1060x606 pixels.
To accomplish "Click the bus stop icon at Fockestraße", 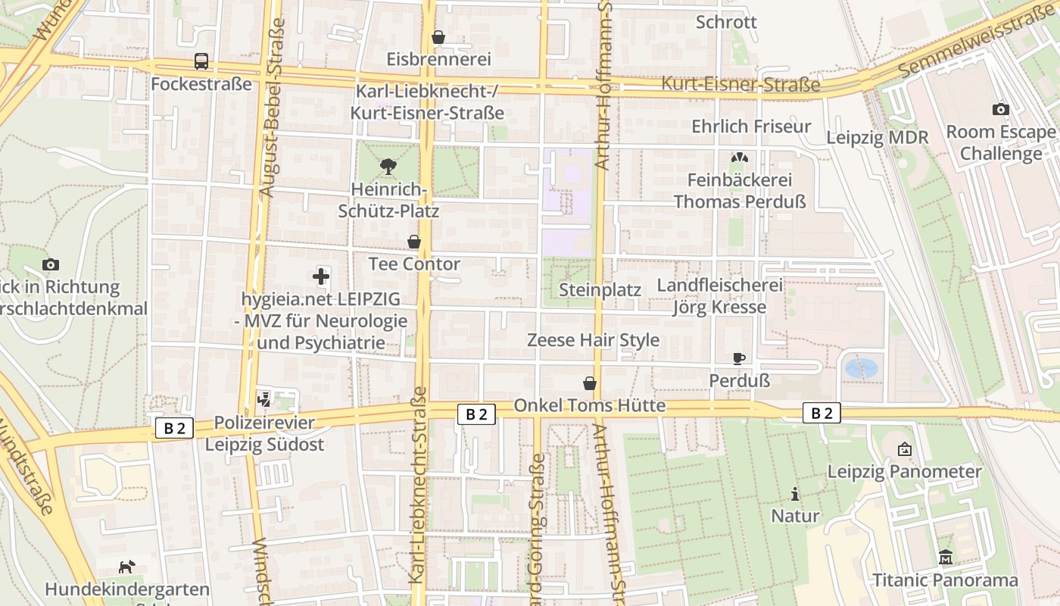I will pos(201,61).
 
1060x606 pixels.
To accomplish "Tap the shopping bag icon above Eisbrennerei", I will pos(438,37).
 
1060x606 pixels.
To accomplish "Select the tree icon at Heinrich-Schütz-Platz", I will pos(388,166).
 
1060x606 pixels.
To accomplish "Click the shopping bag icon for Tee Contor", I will pos(414,242).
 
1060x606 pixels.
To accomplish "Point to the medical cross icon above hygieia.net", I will pos(321,276).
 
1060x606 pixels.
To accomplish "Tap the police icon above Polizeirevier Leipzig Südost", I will pos(263,399).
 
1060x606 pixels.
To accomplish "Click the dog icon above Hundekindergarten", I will pos(126,567).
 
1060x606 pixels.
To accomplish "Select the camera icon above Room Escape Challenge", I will pos(1000,109).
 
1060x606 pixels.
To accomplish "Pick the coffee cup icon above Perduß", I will pos(739,358).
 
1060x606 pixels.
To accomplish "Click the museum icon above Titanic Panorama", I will pos(946,558).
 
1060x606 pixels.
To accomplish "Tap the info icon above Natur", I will pos(794,494).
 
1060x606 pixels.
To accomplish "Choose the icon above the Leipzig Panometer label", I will pos(904,449).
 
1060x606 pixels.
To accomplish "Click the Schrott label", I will pos(726,22).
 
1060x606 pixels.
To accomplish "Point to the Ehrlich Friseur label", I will pos(750,127).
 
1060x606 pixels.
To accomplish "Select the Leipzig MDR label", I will pos(877,138).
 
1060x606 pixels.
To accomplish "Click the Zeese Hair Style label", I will pos(593,340).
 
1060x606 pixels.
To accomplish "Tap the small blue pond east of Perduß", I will pos(861,368).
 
